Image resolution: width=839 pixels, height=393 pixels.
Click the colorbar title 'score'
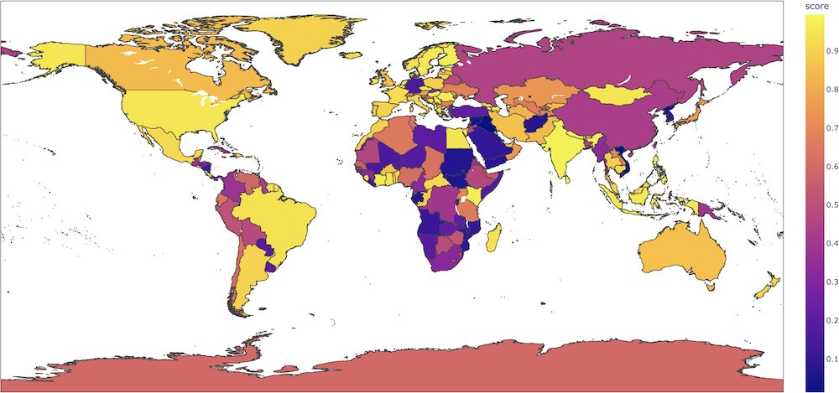(816, 7)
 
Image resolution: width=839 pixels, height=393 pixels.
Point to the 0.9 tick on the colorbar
(822, 51)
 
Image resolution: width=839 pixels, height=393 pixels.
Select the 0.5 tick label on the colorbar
(822, 205)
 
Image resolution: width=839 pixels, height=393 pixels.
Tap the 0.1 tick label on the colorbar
(822, 359)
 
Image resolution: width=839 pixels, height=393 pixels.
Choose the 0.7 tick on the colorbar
(822, 128)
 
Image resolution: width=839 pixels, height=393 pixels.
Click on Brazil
(277, 214)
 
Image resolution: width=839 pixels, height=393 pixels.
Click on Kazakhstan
(550, 92)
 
